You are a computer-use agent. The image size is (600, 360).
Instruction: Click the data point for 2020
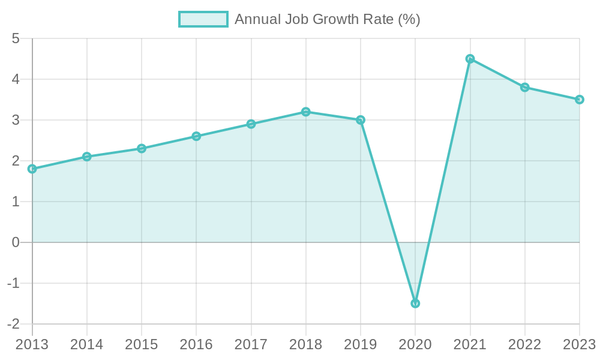(415, 303)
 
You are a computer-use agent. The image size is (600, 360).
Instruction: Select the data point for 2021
(470, 59)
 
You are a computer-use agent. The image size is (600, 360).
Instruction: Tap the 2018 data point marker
(306, 112)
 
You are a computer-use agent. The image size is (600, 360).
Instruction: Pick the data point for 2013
(32, 169)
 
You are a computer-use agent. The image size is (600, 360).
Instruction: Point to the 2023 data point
(579, 100)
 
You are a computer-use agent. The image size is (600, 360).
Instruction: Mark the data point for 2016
(196, 136)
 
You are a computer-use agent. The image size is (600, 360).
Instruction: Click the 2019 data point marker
(361, 120)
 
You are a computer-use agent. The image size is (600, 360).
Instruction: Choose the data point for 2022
(525, 87)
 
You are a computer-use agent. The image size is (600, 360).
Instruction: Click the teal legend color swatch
(203, 19)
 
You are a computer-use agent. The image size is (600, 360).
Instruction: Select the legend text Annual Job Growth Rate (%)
(327, 19)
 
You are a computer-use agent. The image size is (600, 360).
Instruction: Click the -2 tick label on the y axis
(14, 324)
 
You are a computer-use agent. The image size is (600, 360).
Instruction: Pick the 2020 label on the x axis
(415, 344)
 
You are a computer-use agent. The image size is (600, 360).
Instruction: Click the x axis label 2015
(142, 344)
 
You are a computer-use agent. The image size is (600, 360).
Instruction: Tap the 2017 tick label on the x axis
(251, 344)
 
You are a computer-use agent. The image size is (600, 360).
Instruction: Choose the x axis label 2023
(578, 344)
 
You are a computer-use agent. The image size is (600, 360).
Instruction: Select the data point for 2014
(87, 157)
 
